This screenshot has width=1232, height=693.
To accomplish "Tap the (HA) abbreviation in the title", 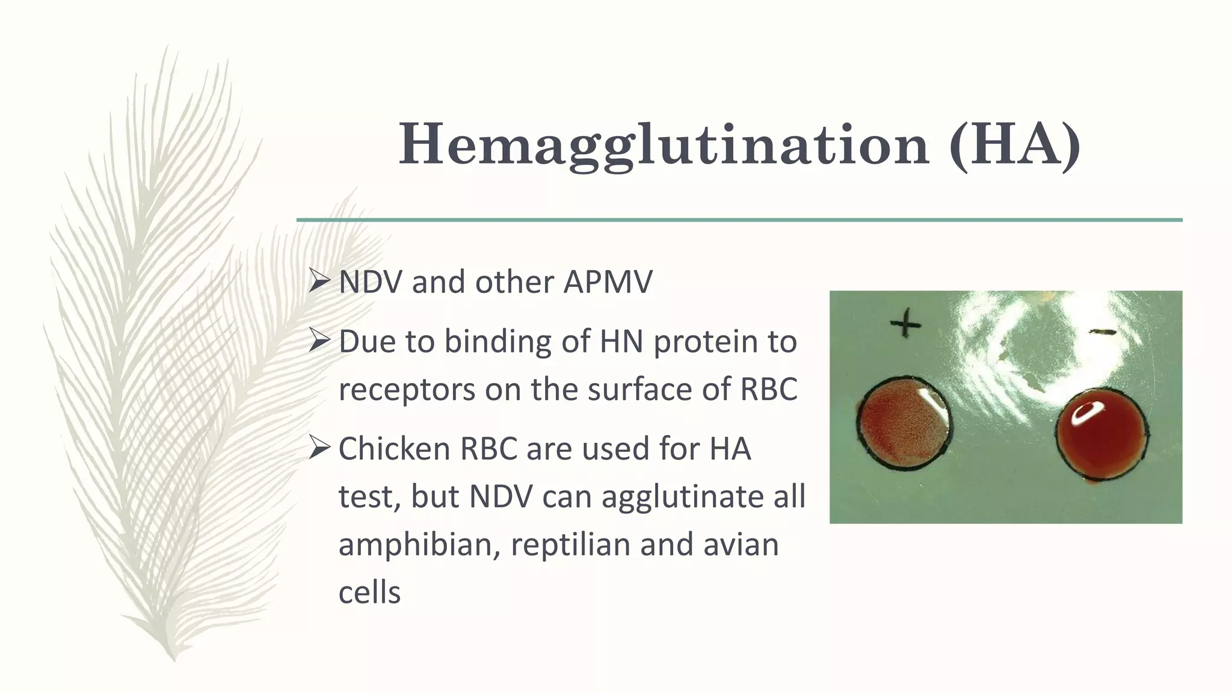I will click(1015, 145).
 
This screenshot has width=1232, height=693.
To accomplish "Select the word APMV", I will click(608, 282).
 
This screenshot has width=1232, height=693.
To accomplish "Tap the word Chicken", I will click(394, 449).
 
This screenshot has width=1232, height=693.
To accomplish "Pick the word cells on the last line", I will click(369, 593).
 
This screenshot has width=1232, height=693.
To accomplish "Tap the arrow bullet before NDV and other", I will click(319, 281).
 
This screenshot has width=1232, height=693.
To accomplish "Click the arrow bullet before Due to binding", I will click(319, 341).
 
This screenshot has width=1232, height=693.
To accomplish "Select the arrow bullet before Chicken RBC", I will click(319, 448).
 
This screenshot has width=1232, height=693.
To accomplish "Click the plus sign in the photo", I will click(905, 325).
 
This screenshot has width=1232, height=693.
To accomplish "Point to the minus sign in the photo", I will click(1104, 331).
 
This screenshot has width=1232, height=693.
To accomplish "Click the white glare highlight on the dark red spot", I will click(1087, 411).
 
